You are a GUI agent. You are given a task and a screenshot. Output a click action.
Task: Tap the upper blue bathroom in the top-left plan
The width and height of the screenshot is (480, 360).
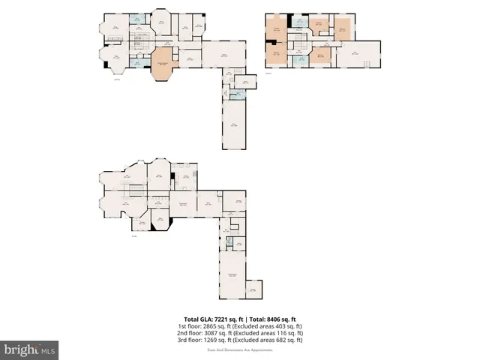(x=136, y=19)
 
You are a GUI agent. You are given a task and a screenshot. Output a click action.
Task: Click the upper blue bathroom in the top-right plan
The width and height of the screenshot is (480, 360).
(x=299, y=21)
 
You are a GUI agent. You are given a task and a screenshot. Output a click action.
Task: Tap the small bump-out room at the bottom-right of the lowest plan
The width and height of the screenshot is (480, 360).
(x=253, y=289)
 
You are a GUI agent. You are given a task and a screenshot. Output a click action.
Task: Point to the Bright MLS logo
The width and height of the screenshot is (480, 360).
(x=30, y=349)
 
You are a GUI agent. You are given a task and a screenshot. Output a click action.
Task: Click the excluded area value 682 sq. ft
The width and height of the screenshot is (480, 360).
(x=289, y=340)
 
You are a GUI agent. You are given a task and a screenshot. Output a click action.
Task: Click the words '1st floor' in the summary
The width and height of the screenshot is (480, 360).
(x=187, y=326)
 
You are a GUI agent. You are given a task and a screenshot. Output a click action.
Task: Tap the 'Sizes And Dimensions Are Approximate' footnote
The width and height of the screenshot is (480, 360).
(x=240, y=349)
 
